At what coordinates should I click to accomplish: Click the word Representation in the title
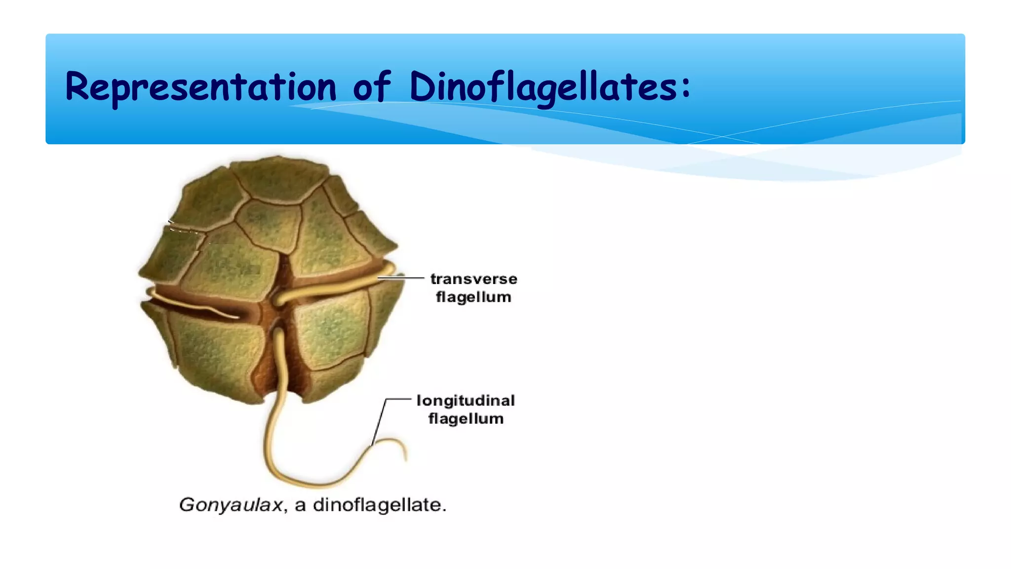point(200,87)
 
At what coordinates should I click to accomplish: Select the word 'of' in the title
point(372,87)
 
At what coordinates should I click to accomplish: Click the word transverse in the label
point(473,279)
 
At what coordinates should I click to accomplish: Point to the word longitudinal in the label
point(466,401)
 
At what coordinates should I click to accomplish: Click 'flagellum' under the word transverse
point(473,297)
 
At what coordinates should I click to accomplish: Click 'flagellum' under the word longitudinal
point(466,419)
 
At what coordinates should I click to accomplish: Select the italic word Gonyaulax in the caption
point(231,505)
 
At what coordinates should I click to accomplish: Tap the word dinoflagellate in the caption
point(379,505)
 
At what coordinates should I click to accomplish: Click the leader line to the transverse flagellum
point(401,278)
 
